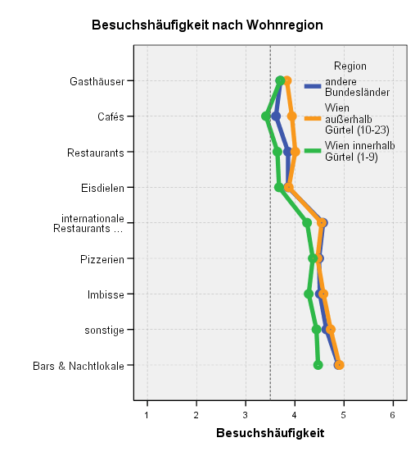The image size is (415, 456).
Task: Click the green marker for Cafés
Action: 266,116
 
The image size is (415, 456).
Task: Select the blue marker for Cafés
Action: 276,116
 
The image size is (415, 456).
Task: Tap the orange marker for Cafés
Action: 292,116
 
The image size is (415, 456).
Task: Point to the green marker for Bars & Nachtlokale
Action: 318,365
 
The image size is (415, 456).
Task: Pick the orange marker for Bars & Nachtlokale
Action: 339,365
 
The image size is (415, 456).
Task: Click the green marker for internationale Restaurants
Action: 307,223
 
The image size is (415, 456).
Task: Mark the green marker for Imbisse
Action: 309,294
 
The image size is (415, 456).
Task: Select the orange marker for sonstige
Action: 331,330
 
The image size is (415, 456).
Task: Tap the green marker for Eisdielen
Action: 279,187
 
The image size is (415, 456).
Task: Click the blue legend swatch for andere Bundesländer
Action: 313,86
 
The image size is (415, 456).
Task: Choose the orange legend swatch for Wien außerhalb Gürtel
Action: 313,119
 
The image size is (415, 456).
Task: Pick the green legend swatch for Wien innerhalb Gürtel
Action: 313,151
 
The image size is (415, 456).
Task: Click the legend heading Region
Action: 350,66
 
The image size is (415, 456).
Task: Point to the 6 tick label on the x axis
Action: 393,415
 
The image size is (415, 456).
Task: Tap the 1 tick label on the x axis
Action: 147,415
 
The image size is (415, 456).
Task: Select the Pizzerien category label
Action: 102,259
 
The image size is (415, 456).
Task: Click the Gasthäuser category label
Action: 97,81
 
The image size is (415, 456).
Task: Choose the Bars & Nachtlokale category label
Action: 79,366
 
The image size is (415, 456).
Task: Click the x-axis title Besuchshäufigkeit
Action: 270,433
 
